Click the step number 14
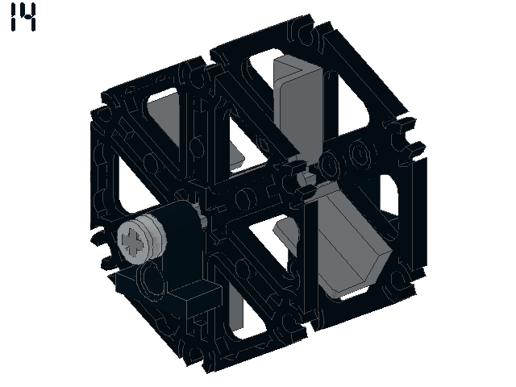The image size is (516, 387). click(23, 17)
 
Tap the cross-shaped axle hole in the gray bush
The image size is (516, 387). click(132, 242)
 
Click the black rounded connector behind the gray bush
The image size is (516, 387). click(182, 243)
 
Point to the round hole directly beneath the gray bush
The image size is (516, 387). click(152, 279)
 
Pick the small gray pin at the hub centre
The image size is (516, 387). click(306, 177)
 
